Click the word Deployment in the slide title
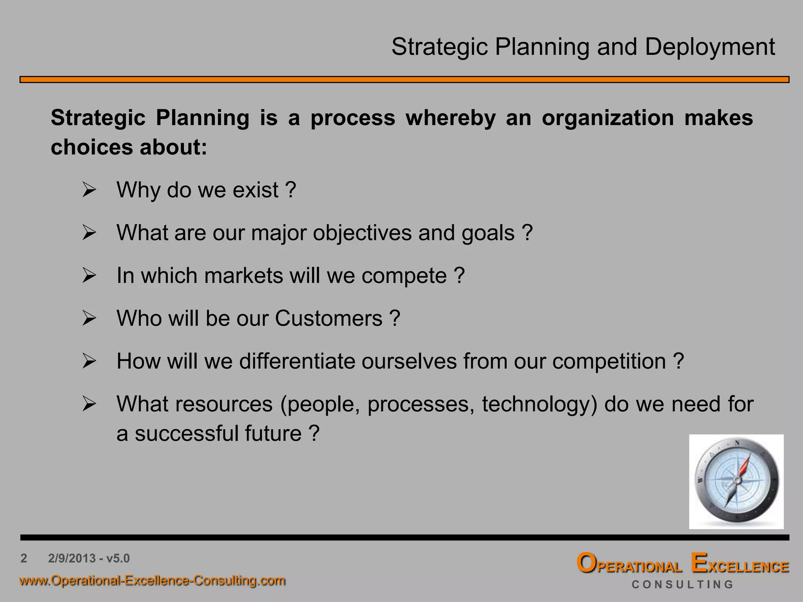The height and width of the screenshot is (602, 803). point(710,47)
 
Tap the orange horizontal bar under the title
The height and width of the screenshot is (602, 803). point(404,80)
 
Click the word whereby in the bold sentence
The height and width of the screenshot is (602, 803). point(451,118)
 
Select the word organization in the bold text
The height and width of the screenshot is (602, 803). point(607,118)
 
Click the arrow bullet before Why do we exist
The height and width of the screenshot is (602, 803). point(89,190)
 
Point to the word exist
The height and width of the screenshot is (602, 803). point(255,190)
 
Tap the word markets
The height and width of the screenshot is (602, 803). point(243,276)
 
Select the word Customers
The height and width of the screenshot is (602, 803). point(328,318)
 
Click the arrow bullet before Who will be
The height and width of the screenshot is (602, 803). point(89,319)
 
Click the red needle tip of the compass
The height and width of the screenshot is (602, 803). point(747,459)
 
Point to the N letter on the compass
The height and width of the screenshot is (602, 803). point(737,444)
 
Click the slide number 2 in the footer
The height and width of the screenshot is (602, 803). point(24,558)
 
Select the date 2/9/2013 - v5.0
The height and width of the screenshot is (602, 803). point(89,558)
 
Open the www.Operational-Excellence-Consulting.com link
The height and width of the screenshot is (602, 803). point(153,580)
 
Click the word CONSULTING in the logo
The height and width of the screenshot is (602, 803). point(682,584)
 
